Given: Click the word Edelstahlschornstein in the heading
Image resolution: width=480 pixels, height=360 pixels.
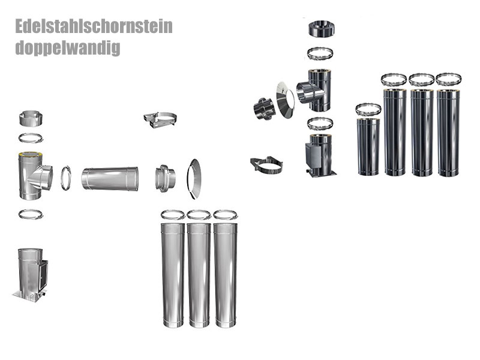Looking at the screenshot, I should pos(94,27).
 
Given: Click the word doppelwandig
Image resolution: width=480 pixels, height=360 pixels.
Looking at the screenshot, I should pos(67,47).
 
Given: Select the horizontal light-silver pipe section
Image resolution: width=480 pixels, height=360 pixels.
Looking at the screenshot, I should pos(110,179).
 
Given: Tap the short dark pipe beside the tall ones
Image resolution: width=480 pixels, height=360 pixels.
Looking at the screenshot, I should pos(368,146).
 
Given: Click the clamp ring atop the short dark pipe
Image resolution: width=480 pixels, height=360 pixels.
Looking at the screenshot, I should pos(368,110).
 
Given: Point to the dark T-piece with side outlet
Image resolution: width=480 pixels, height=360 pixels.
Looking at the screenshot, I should pos(315,90).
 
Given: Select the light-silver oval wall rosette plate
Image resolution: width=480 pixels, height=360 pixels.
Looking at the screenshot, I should pos(194,179).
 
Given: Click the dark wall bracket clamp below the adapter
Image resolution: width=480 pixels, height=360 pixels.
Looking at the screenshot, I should pos(266,165).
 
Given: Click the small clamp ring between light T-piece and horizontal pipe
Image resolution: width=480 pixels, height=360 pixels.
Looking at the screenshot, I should pos(66,178).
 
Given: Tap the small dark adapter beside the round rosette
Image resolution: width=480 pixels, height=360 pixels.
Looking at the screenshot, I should pos(263,107).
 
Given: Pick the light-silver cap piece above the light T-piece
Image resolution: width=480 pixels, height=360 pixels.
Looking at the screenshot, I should pos(31,118).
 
